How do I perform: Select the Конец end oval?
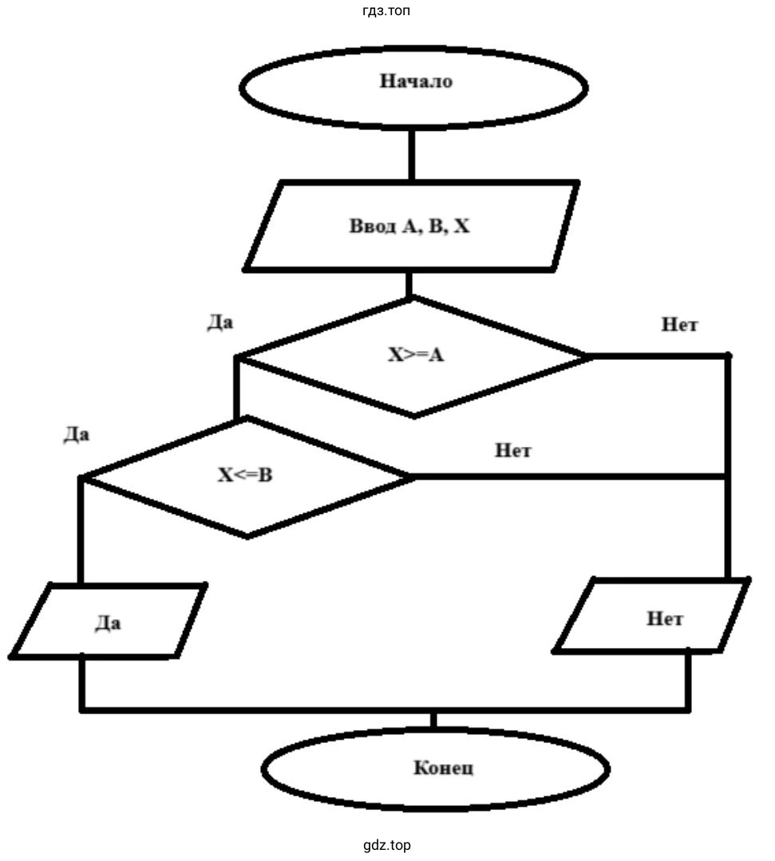436,768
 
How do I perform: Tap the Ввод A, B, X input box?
410,227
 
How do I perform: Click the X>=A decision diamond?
414,356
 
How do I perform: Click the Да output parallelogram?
108,622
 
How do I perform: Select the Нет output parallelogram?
653,617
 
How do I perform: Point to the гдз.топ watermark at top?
386,11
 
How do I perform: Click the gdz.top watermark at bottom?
386,845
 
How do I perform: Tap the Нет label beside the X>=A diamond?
679,325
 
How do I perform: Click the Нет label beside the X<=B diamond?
512,450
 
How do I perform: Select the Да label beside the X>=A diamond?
220,322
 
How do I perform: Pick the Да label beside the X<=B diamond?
77,436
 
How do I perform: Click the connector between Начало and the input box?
412,155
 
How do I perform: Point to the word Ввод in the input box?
372,227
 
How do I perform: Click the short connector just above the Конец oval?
433,720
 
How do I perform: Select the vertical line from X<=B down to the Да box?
81,531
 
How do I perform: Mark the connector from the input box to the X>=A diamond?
410,284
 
